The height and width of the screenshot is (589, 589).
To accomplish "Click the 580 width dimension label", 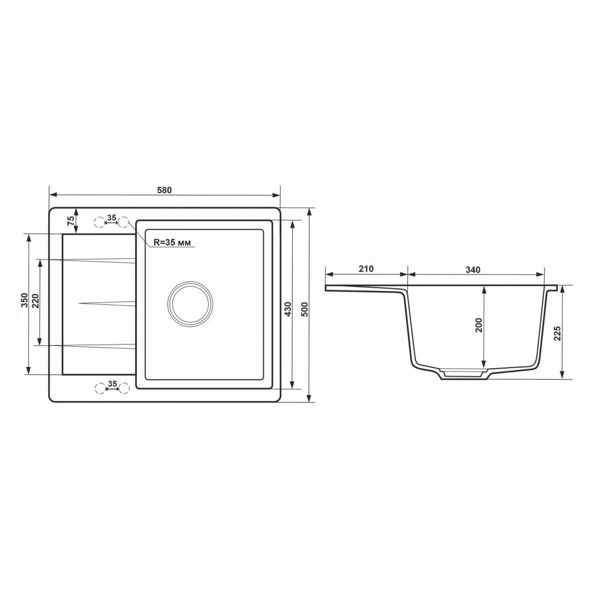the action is pos(165,190).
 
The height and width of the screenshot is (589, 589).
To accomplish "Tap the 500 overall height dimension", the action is pos(305,309).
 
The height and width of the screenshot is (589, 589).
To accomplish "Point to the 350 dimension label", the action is pos(24,300).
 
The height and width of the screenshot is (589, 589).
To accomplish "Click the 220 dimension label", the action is pos(35,301).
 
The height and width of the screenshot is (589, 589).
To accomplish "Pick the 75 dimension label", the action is pos(71,220).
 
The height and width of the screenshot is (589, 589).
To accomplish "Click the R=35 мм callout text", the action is pos(172,243).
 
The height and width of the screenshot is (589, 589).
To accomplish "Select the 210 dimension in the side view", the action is pos(366,269).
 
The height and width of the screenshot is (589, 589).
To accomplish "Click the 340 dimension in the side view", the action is pos(473,269).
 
